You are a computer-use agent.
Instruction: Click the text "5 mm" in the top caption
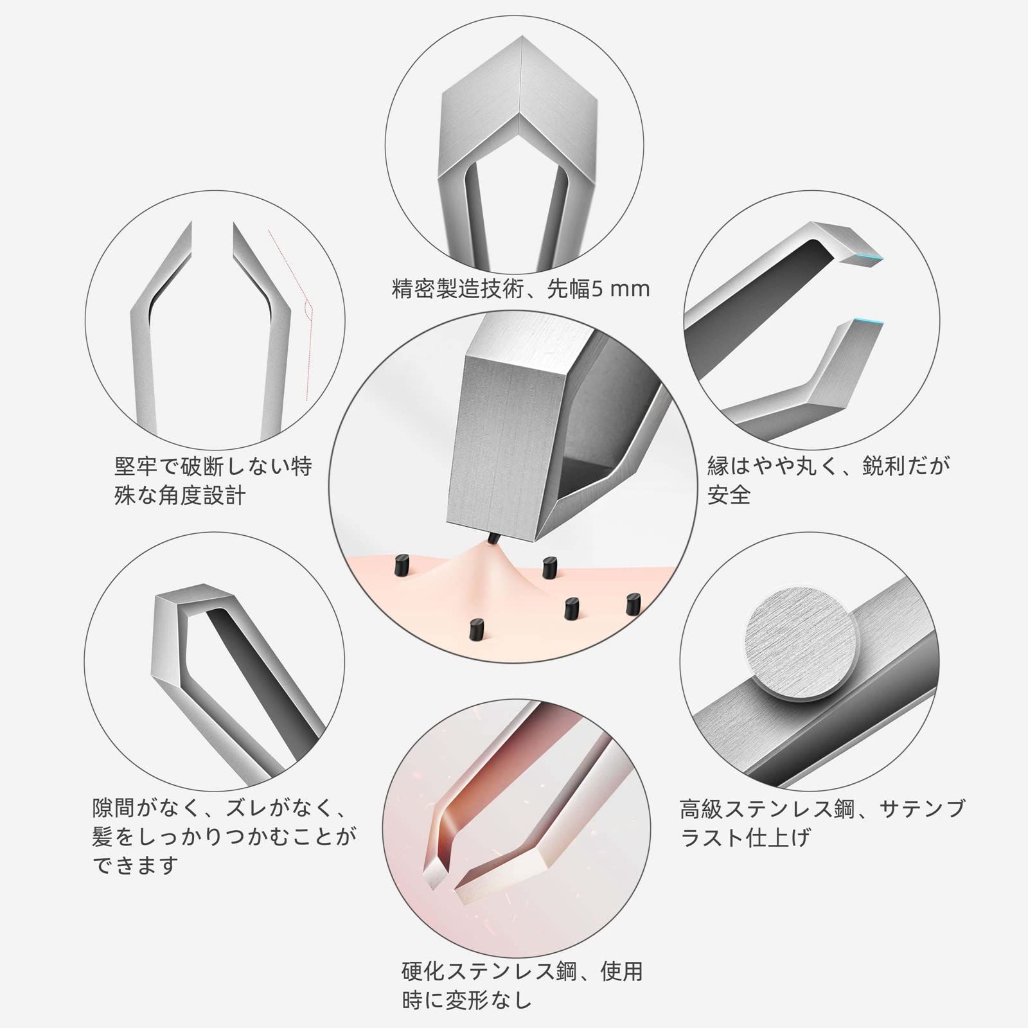pyautogui.click(x=621, y=290)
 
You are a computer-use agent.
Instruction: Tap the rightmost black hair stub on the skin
pyautogui.click(x=634, y=604)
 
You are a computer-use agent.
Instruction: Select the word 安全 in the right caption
pyautogui.click(x=729, y=494)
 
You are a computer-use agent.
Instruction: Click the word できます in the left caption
pyautogui.click(x=135, y=865)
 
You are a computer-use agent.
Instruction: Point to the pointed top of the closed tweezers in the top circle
pyautogui.click(x=520, y=40)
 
